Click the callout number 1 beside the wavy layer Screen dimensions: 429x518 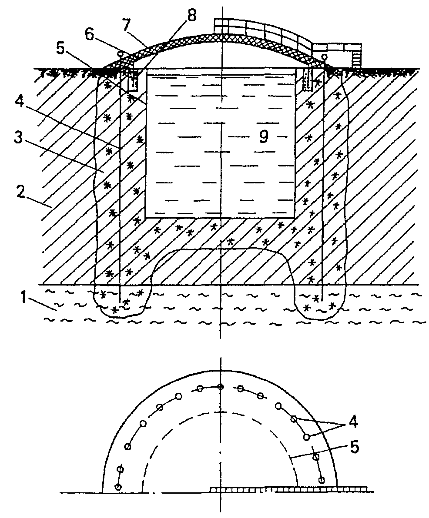tap(23, 298)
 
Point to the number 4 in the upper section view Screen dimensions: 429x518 tap(20, 103)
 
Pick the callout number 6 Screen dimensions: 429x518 tap(89, 34)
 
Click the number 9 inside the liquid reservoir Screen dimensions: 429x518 tap(263, 136)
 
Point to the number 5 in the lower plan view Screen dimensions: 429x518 tap(354, 447)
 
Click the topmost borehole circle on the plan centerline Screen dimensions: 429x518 tap(221, 387)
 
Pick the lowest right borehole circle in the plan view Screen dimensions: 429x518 tap(321, 480)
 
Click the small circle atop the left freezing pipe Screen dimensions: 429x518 tap(121, 53)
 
